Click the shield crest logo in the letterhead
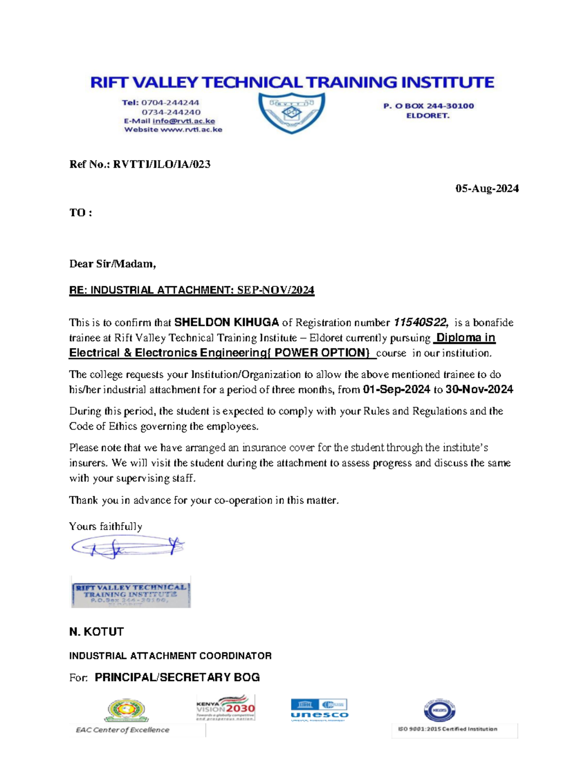click(292, 113)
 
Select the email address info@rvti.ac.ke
click(184, 121)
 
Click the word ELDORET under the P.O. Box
click(428, 116)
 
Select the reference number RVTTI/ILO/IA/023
click(162, 164)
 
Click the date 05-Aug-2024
click(487, 188)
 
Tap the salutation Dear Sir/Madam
click(112, 264)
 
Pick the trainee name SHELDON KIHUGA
click(227, 322)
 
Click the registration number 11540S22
click(420, 322)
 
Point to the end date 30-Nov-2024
click(479, 390)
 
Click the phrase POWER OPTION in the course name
click(321, 353)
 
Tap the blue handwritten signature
click(127, 547)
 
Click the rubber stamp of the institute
click(131, 592)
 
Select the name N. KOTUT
click(97, 632)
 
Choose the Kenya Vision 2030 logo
click(225, 708)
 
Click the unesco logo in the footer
click(319, 710)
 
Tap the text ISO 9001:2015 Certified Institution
click(447, 729)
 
